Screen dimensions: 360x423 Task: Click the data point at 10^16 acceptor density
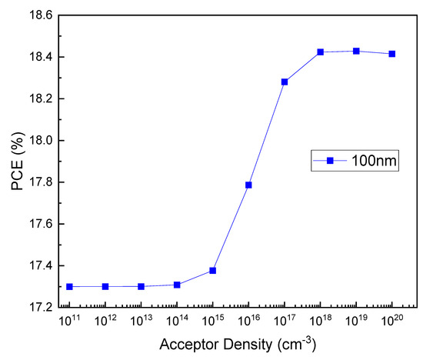248,185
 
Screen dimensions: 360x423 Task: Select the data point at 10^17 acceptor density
285,82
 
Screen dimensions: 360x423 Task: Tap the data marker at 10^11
69,286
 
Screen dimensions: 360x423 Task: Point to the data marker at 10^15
213,270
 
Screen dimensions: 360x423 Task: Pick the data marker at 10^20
392,54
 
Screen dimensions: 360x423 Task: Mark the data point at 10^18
320,52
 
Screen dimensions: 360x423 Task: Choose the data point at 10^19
356,51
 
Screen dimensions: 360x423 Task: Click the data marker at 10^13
141,286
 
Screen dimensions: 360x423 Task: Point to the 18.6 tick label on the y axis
38,15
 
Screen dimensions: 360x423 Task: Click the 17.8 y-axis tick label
38,182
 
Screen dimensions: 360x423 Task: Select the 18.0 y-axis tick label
38,141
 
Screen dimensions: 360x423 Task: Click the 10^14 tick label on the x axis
177,322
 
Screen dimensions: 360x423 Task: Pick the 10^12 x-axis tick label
105,322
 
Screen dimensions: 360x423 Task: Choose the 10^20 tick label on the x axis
392,322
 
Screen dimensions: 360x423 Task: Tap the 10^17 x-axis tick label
285,322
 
